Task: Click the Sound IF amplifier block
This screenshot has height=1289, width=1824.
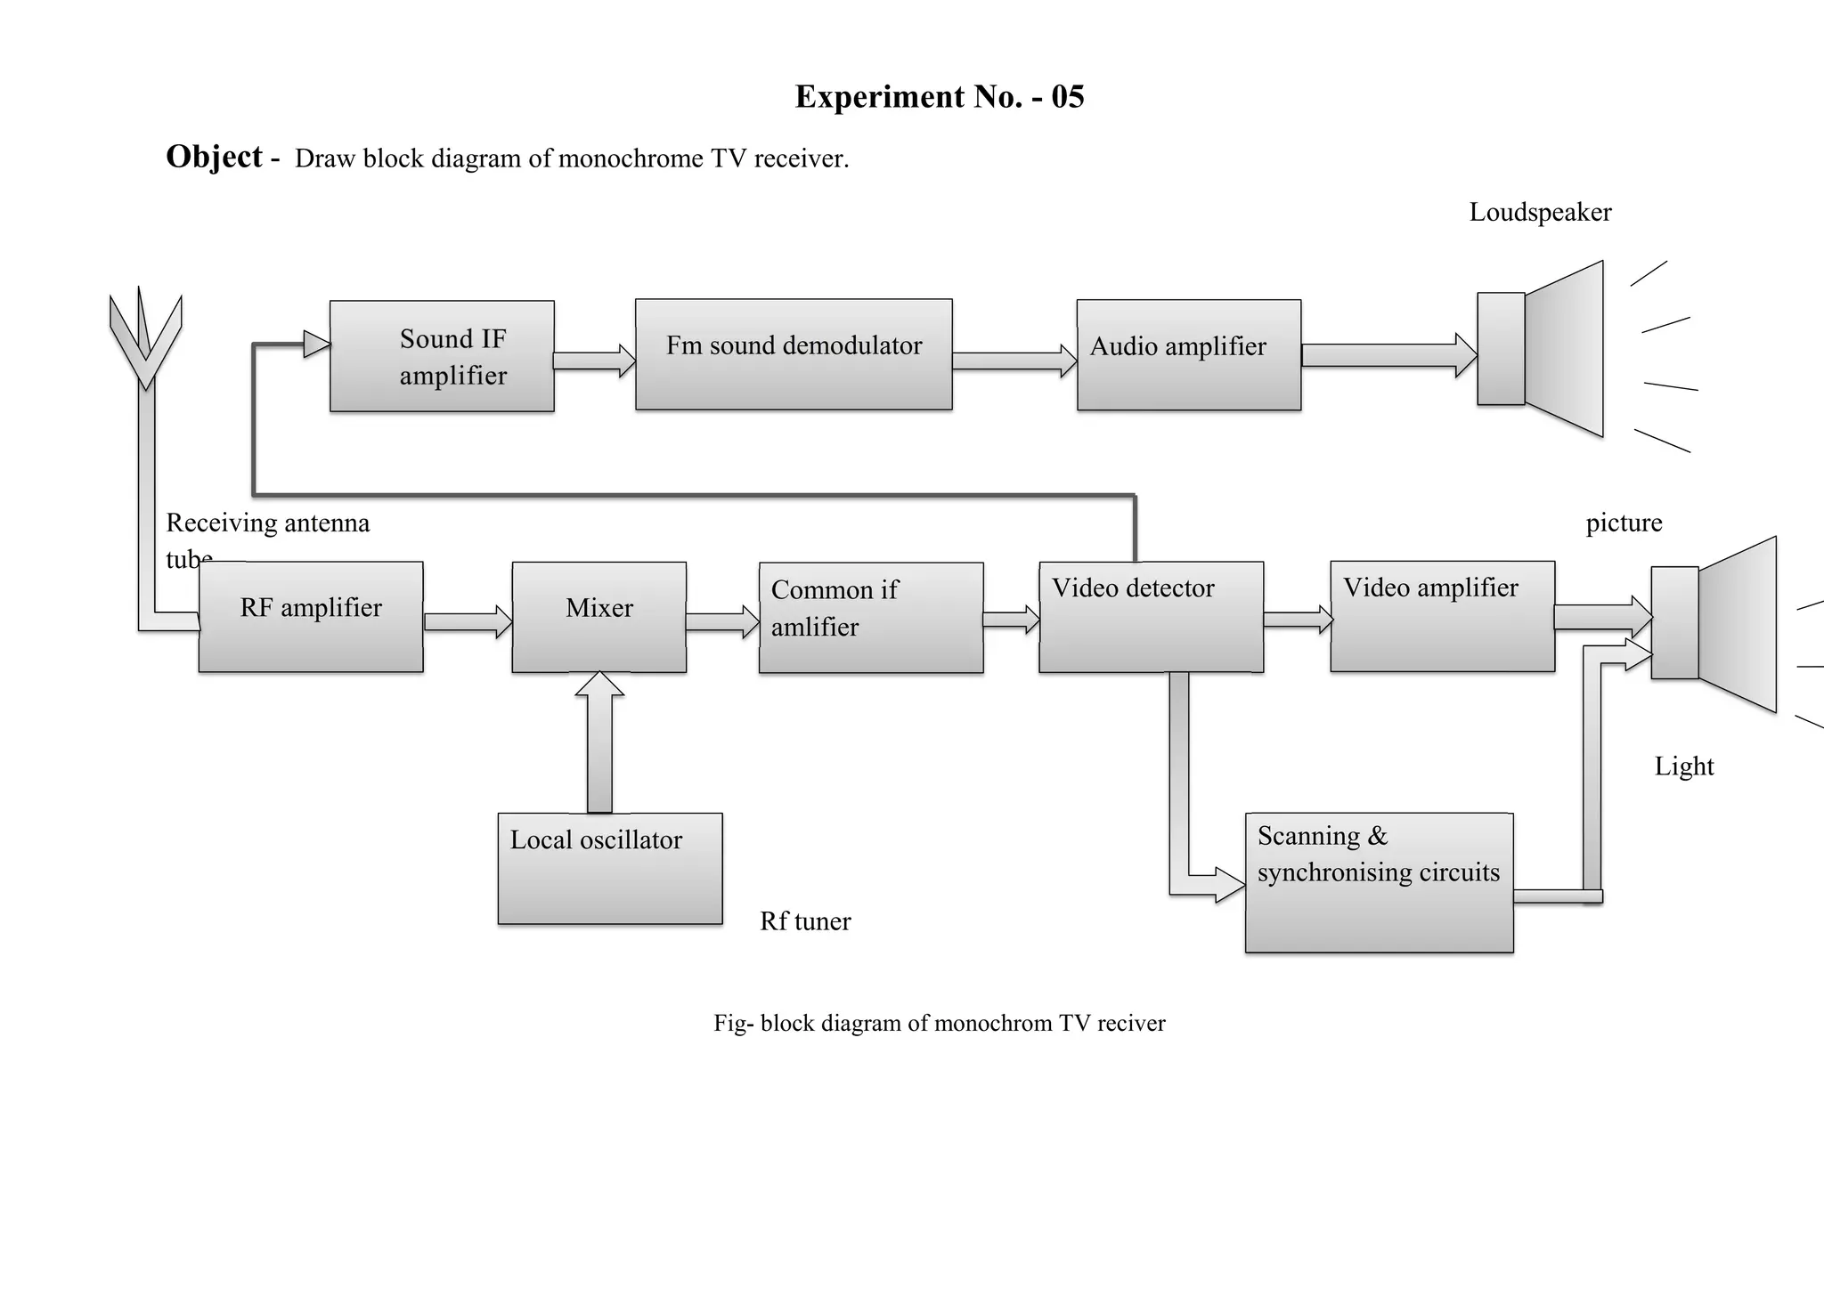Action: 442,356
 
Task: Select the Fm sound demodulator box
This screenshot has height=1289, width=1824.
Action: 794,354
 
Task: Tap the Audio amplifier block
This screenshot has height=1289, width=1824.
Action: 1188,355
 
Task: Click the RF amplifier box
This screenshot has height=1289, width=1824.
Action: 311,616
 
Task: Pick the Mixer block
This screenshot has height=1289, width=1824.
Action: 598,617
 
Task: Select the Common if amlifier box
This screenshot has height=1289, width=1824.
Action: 870,617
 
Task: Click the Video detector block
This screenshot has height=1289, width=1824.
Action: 1151,616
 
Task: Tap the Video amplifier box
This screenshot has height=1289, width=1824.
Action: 1442,616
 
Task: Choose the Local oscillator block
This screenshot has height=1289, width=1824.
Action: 609,868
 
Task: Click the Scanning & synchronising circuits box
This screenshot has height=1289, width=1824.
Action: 1379,882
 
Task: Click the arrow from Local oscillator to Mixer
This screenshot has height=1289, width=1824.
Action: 599,742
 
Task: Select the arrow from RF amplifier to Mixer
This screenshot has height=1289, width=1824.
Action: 468,621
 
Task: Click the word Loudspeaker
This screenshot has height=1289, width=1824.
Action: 1539,212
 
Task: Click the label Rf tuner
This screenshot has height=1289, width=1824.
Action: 804,921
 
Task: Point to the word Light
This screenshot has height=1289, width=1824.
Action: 1683,766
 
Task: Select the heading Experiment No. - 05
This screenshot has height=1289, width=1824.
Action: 939,96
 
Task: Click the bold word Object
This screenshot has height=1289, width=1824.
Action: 214,157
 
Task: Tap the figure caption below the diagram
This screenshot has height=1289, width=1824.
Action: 939,1023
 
